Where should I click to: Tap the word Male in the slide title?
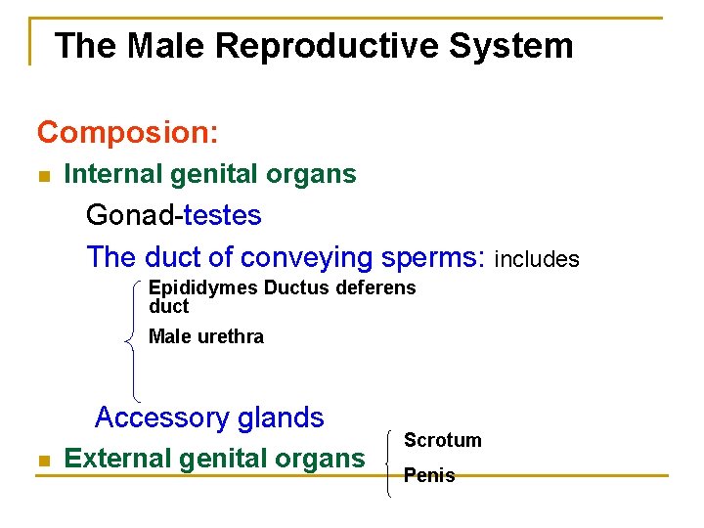pos(163,46)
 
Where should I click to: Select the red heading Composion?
pos(127,130)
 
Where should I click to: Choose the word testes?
pos(222,214)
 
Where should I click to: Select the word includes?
pos(537,259)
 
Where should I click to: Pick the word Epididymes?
pos(202,287)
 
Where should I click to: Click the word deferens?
pos(375,287)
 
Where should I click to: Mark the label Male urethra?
pos(205,336)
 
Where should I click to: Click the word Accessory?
pos(162,418)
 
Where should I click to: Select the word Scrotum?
pos(442,440)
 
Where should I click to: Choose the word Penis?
pos(429,475)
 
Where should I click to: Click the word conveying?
pos(306,257)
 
